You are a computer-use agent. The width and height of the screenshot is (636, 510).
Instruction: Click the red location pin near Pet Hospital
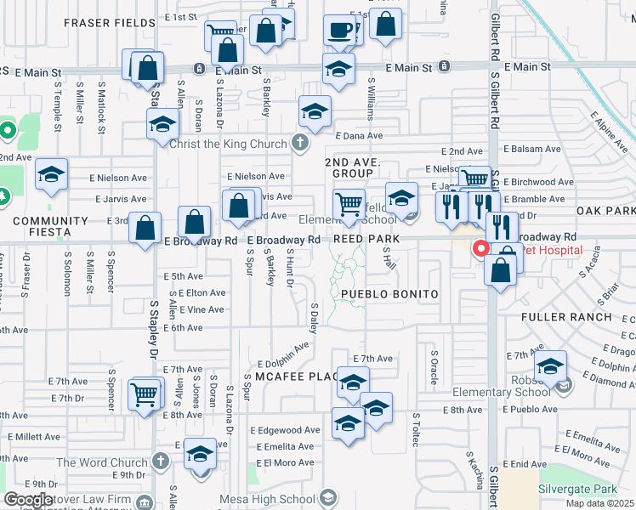click(480, 249)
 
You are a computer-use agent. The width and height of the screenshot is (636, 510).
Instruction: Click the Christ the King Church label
click(228, 143)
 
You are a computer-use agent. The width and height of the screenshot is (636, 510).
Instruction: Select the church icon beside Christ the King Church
click(299, 143)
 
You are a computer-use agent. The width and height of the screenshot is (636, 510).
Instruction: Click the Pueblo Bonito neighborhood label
click(389, 294)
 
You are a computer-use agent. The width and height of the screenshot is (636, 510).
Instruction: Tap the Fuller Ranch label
click(566, 317)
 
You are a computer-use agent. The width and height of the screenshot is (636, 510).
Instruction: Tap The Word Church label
click(103, 462)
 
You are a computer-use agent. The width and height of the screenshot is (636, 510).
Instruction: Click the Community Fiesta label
click(50, 220)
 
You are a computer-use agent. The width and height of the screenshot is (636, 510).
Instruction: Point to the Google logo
click(28, 499)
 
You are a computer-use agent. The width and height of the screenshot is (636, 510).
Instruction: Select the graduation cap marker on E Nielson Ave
click(51, 174)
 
